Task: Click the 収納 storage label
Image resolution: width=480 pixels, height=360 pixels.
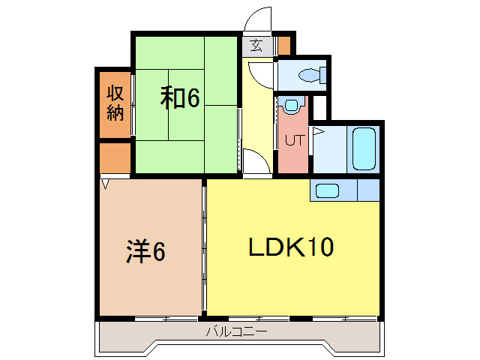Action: pyautogui.click(x=115, y=103)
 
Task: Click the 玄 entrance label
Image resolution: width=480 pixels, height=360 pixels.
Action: pyautogui.click(x=256, y=46)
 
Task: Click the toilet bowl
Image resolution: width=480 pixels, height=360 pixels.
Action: pyautogui.click(x=309, y=74)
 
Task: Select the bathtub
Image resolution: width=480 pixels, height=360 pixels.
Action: pyautogui.click(x=363, y=149)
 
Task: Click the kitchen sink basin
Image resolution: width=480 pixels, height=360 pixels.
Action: pyautogui.click(x=328, y=190)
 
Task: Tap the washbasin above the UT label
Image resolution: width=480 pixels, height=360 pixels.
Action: pyautogui.click(x=290, y=106)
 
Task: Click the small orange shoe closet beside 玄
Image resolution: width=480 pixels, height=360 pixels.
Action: pyautogui.click(x=283, y=46)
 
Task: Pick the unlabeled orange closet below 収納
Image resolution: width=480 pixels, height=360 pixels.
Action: pyautogui.click(x=115, y=157)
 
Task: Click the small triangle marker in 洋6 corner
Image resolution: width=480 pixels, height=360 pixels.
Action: pyautogui.click(x=106, y=182)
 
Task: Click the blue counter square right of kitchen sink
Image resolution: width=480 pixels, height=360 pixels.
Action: pyautogui.click(x=368, y=190)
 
